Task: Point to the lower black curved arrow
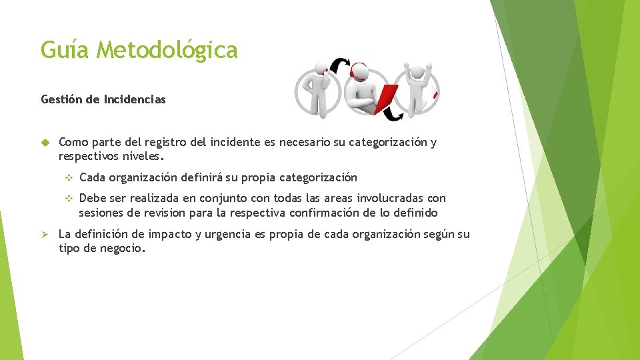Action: [396, 115]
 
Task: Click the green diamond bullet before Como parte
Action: [45, 143]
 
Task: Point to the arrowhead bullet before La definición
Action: [45, 235]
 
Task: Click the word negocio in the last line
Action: [121, 249]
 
